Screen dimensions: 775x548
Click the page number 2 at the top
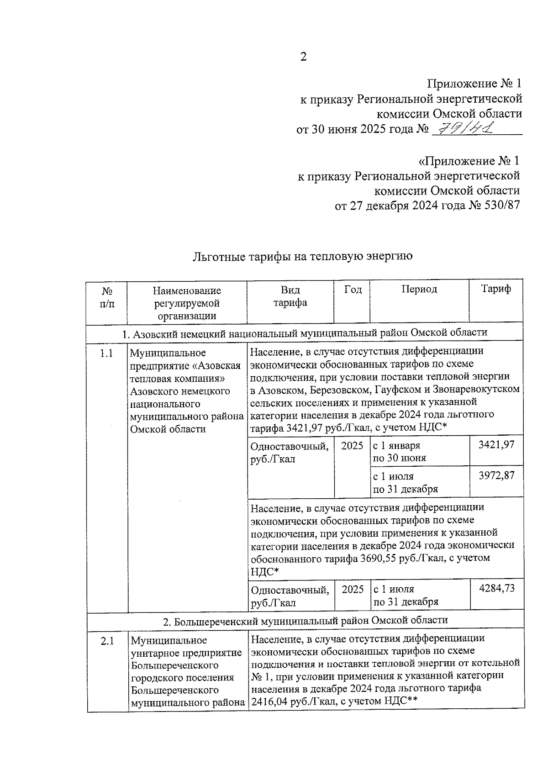[x=303, y=57]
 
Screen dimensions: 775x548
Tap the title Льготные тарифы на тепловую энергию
[x=302, y=256]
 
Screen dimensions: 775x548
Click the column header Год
[x=353, y=290]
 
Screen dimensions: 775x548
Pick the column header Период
[x=419, y=290]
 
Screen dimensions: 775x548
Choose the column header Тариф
[x=496, y=289]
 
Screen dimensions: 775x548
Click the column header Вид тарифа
[x=290, y=296]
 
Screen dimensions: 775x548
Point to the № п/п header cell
[x=107, y=296]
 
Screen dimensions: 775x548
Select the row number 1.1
[x=107, y=353]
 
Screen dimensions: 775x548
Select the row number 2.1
[x=107, y=641]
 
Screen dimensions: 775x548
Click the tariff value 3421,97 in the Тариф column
[x=496, y=444]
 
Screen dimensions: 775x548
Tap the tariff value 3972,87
[x=496, y=475]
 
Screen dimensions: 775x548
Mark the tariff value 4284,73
[x=496, y=588]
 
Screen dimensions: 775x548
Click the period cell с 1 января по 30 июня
[x=400, y=451]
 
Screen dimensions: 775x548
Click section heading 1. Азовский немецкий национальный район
[x=305, y=333]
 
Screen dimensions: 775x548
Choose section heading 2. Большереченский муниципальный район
[x=305, y=620]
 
